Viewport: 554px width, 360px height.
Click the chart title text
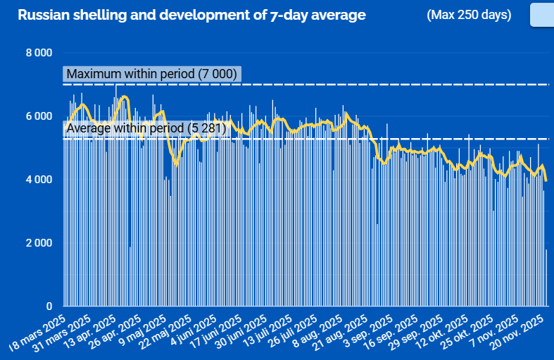[x=191, y=15]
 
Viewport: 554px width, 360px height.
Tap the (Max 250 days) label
[x=469, y=15]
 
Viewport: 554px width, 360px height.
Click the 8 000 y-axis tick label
[x=39, y=53]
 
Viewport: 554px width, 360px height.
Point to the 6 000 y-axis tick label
[x=39, y=116]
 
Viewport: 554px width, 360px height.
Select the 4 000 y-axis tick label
[x=39, y=180]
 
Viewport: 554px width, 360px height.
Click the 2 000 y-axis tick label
[x=39, y=243]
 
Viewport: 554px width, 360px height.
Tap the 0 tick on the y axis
[x=49, y=306]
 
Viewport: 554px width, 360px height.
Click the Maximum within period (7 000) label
[x=151, y=74]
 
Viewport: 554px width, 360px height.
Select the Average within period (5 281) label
[x=145, y=128]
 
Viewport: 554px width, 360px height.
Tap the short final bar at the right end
[x=546, y=278]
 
